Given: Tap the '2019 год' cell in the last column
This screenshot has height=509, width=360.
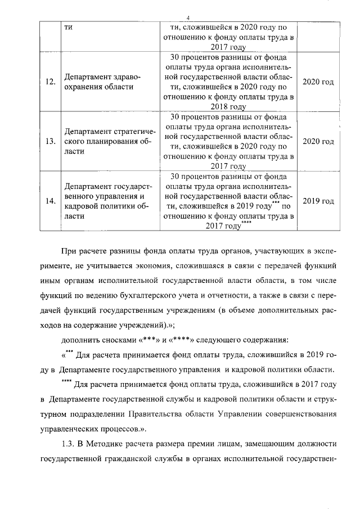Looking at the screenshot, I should tap(318, 201).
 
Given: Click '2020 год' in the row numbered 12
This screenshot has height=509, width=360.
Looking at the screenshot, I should tap(318, 82).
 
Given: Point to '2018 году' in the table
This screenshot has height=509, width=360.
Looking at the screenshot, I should tap(230, 106).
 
